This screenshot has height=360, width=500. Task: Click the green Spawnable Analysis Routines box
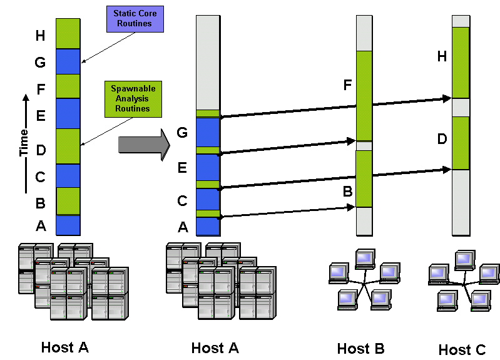tap(130, 98)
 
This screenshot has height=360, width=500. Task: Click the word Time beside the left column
tap(24, 144)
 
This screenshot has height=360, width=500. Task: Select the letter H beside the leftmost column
tap(41, 36)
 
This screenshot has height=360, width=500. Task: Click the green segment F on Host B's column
tap(364, 96)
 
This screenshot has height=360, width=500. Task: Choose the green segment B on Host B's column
tap(364, 179)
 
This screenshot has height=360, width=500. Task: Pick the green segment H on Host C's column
tap(461, 63)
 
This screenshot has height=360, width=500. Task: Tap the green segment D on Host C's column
tap(461, 143)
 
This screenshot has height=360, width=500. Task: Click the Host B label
tap(360, 349)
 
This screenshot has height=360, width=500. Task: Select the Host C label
tap(462, 350)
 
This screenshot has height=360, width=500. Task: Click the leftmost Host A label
tap(64, 347)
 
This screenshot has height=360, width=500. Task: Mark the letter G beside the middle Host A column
tap(183, 132)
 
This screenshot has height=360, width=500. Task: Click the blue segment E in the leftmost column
tap(68, 113)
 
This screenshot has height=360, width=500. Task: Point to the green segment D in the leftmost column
tap(68, 147)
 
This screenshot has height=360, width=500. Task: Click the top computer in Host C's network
tap(464, 259)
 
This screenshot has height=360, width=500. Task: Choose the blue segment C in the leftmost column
tap(68, 176)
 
